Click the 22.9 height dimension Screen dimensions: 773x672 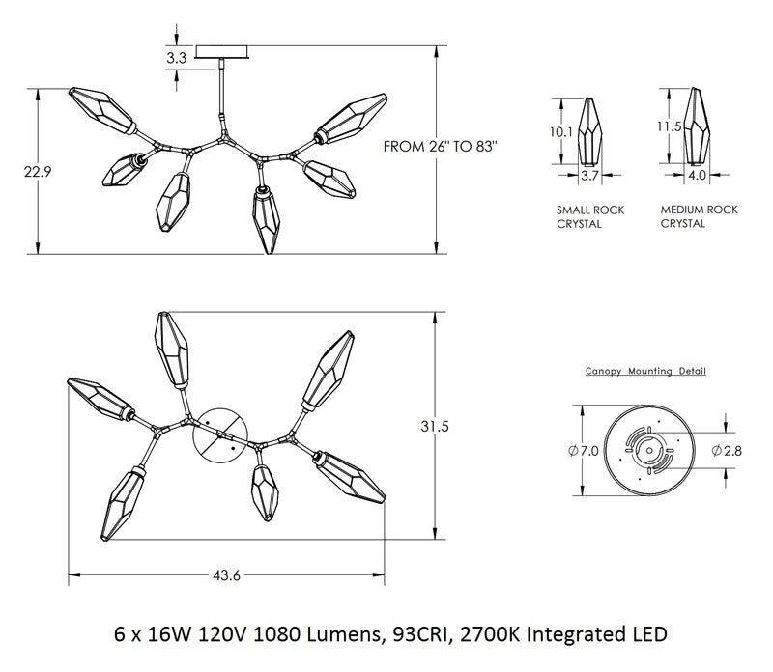point(38,172)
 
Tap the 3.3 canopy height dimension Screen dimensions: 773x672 point(176,58)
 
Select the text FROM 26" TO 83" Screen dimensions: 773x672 point(441,147)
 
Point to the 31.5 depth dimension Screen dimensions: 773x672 point(435,426)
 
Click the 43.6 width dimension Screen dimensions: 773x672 point(226,574)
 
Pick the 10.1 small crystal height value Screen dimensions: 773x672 point(561,132)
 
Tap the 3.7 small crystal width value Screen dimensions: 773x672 point(589,176)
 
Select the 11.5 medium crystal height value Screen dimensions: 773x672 point(669,126)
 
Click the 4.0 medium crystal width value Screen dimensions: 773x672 point(696,176)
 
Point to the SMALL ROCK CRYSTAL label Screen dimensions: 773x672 point(590,217)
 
